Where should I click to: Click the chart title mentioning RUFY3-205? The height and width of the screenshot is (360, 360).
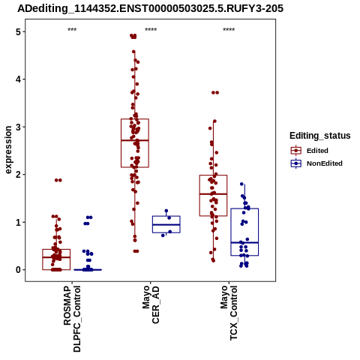pos(150,8)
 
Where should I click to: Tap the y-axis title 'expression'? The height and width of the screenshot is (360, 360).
pos(8,150)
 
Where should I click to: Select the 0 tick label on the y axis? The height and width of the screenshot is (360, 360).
pos(19,270)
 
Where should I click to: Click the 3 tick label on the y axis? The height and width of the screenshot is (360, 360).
pos(19,127)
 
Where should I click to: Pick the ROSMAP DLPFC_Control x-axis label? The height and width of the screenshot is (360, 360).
pos(72,319)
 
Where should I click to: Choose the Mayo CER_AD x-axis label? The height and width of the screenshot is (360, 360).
pos(151,304)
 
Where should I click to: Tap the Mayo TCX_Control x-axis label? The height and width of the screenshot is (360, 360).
pos(229,313)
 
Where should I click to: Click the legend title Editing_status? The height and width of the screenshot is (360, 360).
pos(320,136)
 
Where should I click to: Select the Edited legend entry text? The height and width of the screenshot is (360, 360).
pos(317,151)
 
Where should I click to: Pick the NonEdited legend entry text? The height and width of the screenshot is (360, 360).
pos(325,163)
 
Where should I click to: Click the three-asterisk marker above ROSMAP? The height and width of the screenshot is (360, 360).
pos(72,30)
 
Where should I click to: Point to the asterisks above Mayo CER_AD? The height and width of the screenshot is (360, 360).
pos(151,30)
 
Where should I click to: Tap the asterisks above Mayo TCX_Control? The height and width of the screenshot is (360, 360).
pos(229,30)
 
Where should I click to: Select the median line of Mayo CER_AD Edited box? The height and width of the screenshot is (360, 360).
pos(135,140)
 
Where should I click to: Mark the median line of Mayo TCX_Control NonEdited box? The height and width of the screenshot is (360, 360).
pos(244,242)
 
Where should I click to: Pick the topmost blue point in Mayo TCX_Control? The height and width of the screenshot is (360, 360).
pos(241,184)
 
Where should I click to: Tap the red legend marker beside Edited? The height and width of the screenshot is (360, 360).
pos(296,151)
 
